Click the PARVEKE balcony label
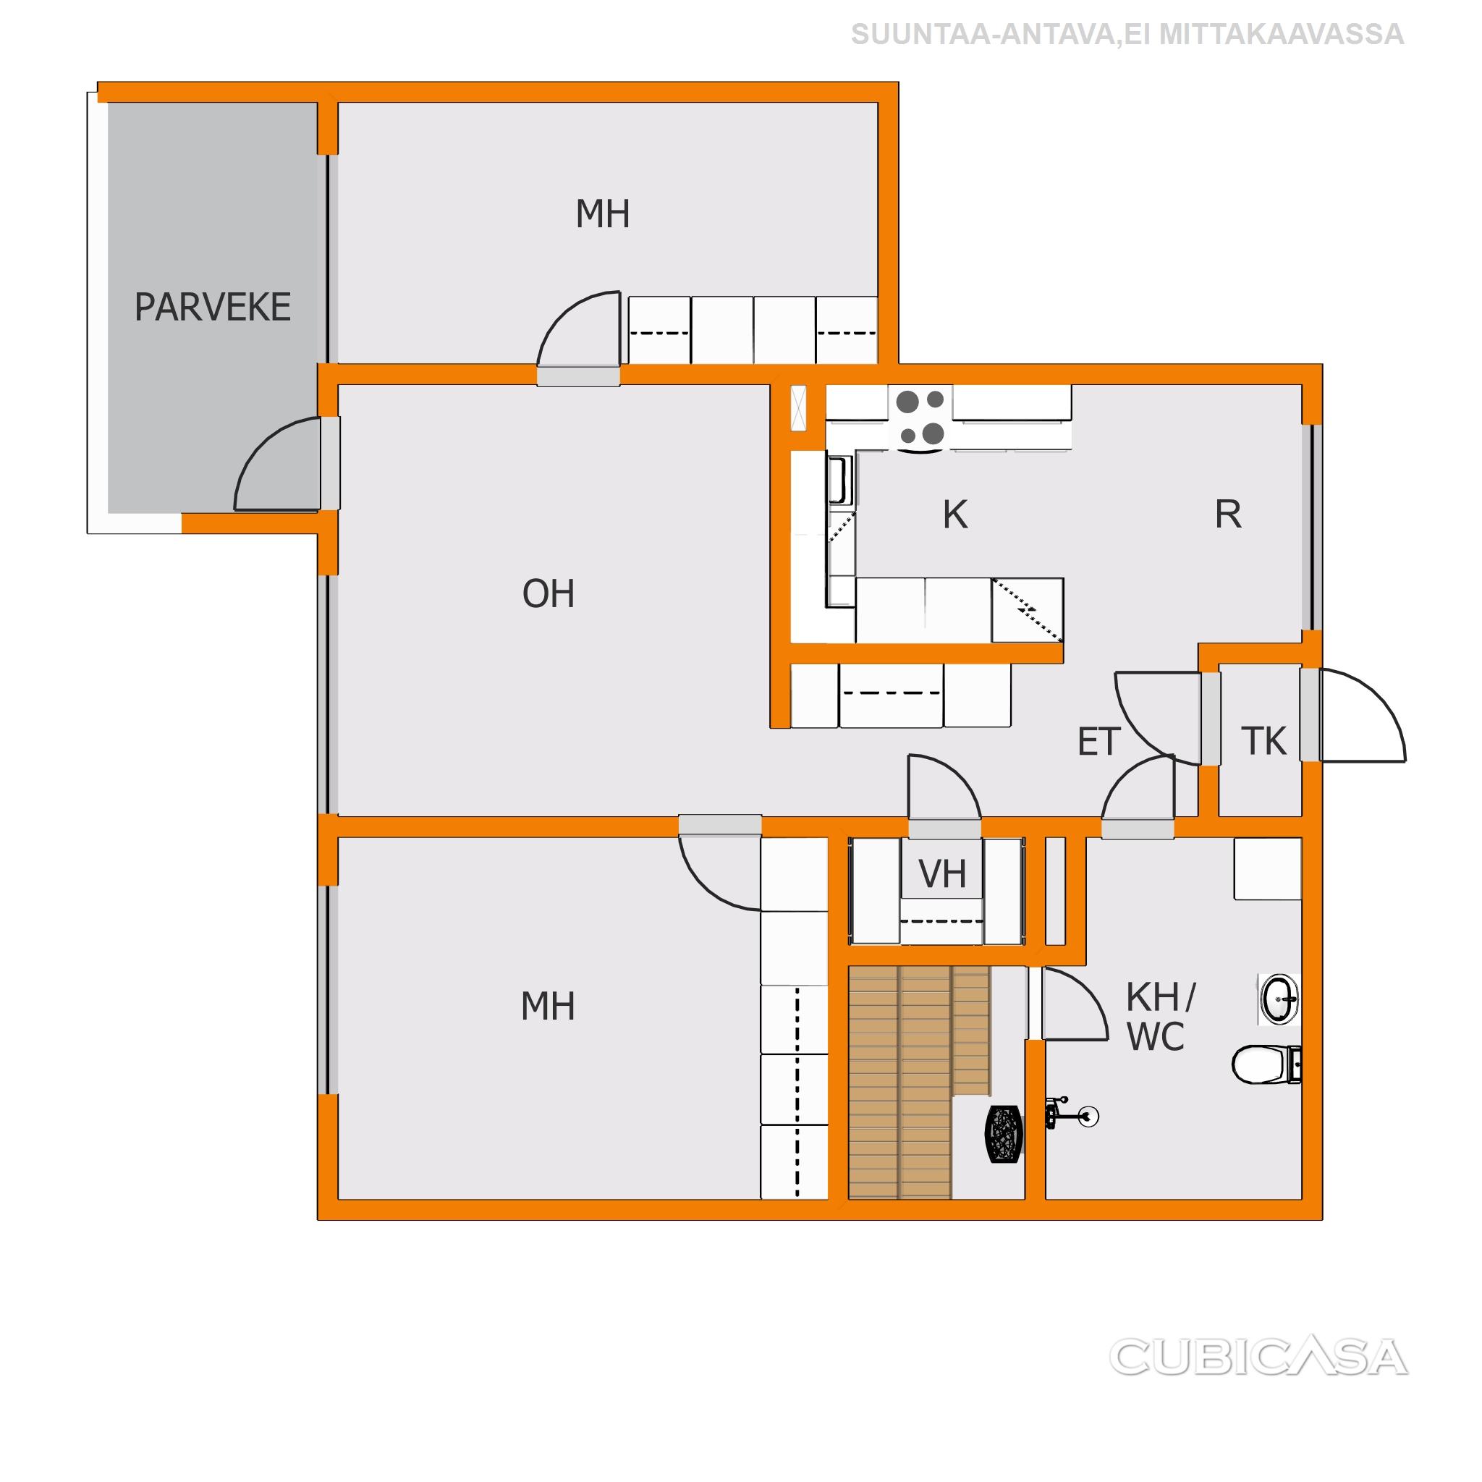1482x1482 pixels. pos(213,308)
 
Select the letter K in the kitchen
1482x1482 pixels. pos(955,515)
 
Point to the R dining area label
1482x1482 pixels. pos(1227,515)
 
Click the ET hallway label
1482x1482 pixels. pos(1098,742)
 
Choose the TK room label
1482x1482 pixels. pos(1263,741)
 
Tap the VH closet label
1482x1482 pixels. pos(942,873)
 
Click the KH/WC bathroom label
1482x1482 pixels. pos(1159,1017)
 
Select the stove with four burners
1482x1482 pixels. pos(920,418)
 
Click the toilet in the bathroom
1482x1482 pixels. pos(1266,1064)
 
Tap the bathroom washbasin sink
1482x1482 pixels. pos(1278,999)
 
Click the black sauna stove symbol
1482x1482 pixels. pos(1004,1134)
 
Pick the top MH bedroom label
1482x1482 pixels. pos(603,215)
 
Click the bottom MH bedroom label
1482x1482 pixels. pos(548,1007)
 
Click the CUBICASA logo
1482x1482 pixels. pos(1258,1357)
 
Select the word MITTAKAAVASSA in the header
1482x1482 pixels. pos(1280,35)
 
